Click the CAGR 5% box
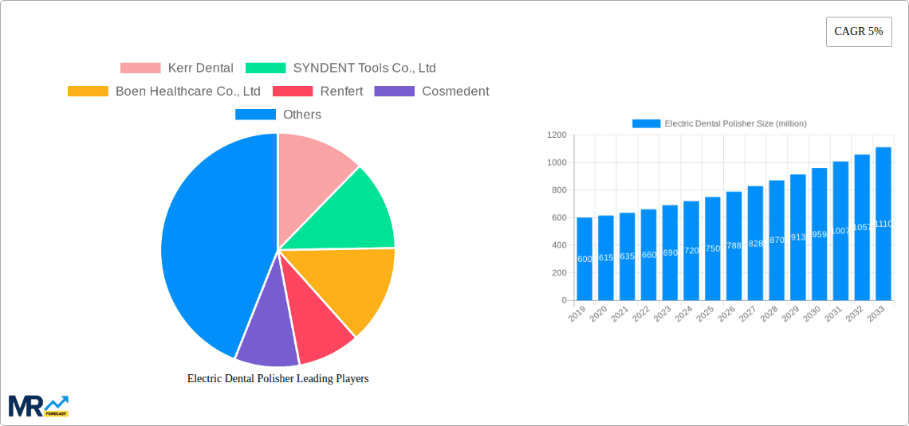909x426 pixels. click(x=859, y=32)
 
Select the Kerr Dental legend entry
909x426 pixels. click(x=177, y=68)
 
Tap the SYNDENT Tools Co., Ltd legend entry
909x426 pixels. click(x=340, y=68)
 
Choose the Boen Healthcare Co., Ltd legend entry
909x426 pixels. click(x=164, y=92)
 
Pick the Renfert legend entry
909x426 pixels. click(x=318, y=92)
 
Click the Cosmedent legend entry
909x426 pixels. click(x=431, y=92)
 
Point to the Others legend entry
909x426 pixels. click(x=278, y=115)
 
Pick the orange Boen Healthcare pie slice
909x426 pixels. click(x=355, y=287)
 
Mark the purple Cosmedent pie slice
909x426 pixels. click(x=265, y=335)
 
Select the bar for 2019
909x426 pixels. click(x=584, y=259)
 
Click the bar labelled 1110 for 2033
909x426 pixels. click(x=883, y=224)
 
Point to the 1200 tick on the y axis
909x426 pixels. click(x=557, y=135)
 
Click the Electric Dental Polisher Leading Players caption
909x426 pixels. click(x=277, y=379)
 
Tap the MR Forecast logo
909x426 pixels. click(x=38, y=405)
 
